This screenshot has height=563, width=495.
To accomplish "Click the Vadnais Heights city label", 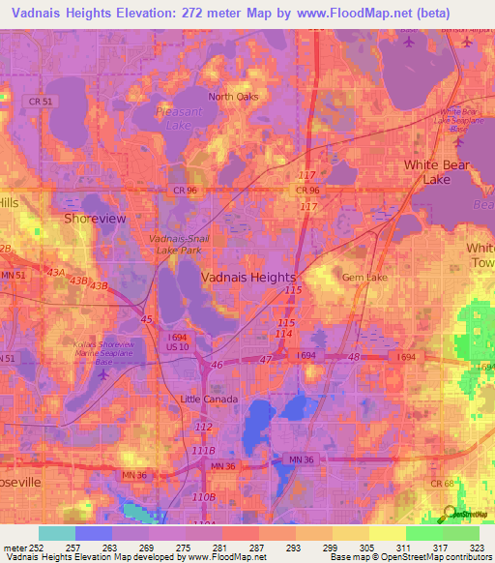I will [247, 277].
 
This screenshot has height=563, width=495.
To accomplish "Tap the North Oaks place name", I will [234, 96].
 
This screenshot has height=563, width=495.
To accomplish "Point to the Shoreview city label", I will [94, 219].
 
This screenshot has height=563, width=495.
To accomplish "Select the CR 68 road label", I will [469, 483].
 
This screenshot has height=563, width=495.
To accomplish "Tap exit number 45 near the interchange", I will [146, 318].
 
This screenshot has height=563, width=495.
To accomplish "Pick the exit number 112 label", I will [203, 427].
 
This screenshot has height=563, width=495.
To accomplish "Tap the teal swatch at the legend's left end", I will [56, 533].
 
